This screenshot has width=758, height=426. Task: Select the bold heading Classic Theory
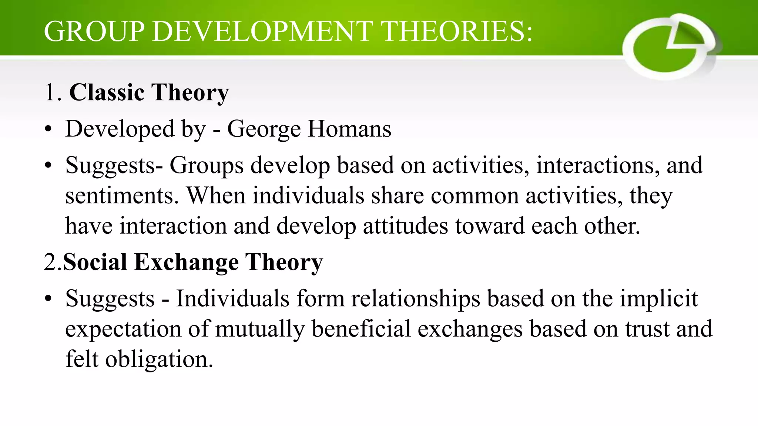149,92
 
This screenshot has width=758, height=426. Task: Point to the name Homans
349,129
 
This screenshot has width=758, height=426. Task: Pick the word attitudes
405,226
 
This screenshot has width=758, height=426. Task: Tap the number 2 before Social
50,262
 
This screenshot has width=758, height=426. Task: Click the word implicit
659,299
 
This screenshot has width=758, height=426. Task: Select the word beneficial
361,329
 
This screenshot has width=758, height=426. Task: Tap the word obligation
159,359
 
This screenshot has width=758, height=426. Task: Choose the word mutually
260,329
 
